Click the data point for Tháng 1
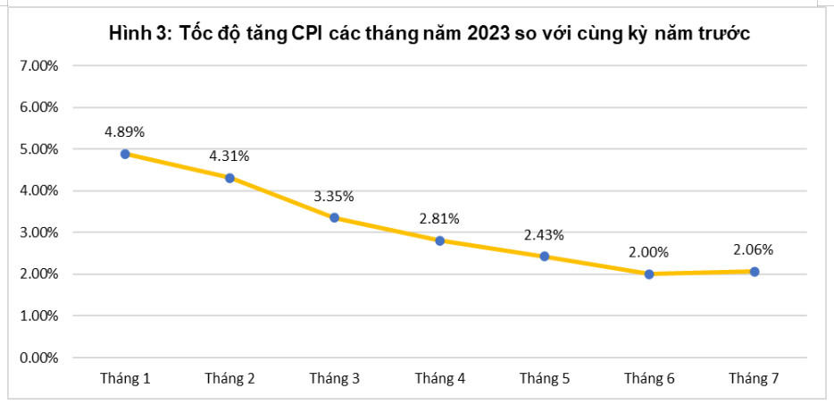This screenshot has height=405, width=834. [x=125, y=154]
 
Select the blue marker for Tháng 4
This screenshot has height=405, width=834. [x=439, y=240]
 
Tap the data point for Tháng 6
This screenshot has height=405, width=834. [x=649, y=274]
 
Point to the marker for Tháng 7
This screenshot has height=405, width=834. [x=754, y=271]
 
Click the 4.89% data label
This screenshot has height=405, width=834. [x=124, y=131]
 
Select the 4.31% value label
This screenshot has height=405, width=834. [x=229, y=156]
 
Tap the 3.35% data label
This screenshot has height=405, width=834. [x=334, y=196]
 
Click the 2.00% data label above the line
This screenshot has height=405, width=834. [x=649, y=252]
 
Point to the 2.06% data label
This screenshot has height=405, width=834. [x=754, y=249]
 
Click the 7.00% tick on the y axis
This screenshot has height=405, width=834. [x=38, y=65]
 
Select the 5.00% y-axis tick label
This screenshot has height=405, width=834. [x=38, y=149]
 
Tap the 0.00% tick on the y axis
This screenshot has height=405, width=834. [x=38, y=358]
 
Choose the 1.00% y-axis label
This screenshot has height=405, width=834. [x=38, y=316]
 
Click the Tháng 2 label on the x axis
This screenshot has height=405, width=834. [x=229, y=379]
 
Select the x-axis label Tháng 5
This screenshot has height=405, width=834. [x=544, y=379]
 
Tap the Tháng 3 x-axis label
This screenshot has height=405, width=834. [x=334, y=379]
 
